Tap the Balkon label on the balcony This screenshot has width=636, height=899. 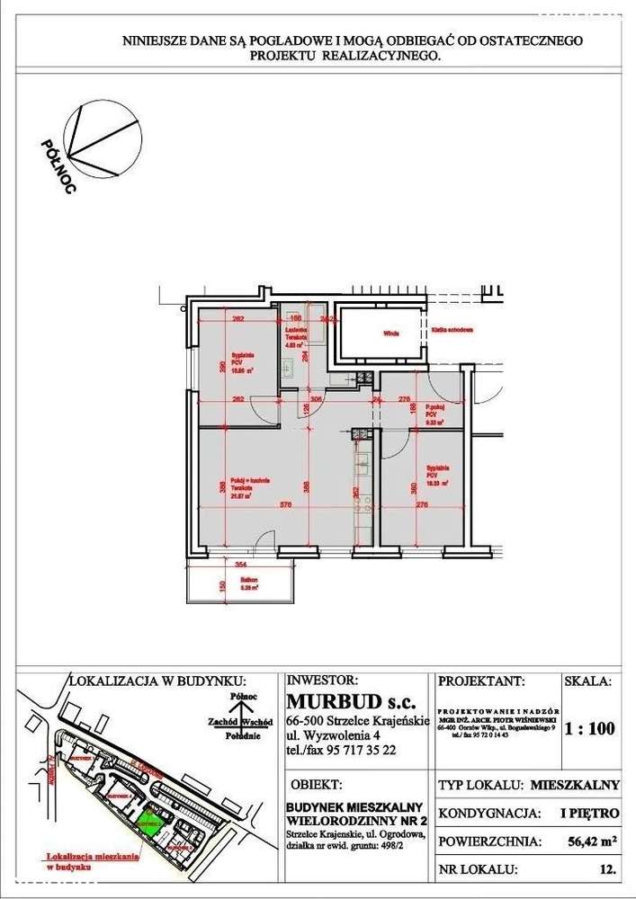(237, 582)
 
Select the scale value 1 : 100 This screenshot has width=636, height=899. (589, 729)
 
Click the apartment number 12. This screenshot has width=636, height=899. (606, 870)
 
